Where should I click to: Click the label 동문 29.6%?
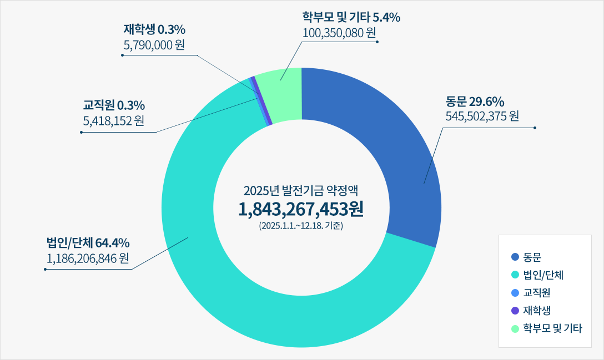[x=475, y=102]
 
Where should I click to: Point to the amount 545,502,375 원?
[x=482, y=116]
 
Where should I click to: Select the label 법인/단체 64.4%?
[x=88, y=243]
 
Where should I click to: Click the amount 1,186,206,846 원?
[x=88, y=258]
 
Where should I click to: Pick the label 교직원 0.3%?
[x=114, y=105]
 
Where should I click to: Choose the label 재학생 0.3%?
[x=154, y=29]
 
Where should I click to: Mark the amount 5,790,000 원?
[x=154, y=44]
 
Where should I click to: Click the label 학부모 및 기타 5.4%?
[x=351, y=18]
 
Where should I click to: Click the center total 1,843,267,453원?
[x=301, y=209]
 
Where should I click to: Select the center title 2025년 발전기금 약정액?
[x=301, y=191]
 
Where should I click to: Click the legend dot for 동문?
[x=515, y=257]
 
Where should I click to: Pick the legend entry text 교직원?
[x=537, y=293]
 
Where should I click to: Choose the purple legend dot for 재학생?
[x=515, y=311]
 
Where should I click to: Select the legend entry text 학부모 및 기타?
[x=553, y=328]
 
